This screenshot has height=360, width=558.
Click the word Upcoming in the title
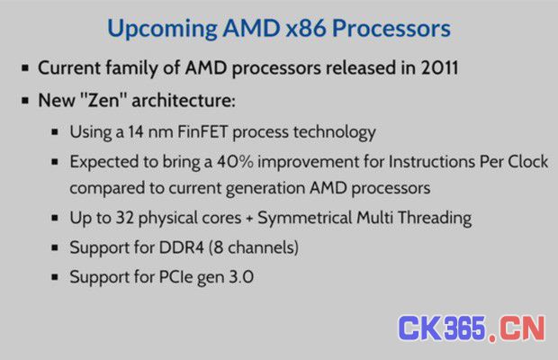point(162,29)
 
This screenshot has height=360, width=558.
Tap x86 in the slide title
point(306,29)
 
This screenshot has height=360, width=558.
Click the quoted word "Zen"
point(103,100)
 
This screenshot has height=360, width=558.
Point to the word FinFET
point(202,131)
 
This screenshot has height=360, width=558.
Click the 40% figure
point(235,161)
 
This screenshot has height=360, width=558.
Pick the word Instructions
point(432,161)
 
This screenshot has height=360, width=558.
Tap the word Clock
point(527,161)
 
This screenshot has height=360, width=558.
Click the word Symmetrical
point(304,219)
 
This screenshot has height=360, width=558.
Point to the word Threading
point(435,219)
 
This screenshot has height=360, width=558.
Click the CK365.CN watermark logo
point(472,328)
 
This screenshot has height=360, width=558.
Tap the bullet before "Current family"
point(25,67)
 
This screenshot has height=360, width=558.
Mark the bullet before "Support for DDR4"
point(55,247)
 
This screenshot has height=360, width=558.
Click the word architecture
point(184,100)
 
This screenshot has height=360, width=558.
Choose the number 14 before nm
point(136,131)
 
